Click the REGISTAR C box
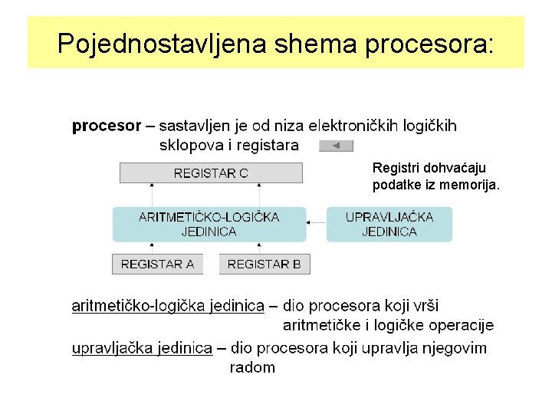click(211, 172)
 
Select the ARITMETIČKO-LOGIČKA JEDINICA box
click(209, 224)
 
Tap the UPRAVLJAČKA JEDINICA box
click(389, 224)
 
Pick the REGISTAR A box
click(157, 264)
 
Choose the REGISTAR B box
click(264, 264)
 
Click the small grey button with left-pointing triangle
click(336, 146)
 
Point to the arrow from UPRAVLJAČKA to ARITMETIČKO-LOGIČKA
click(317, 224)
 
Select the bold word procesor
click(107, 126)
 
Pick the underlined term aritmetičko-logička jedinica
click(168, 307)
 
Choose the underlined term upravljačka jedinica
click(142, 348)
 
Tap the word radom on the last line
click(252, 367)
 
